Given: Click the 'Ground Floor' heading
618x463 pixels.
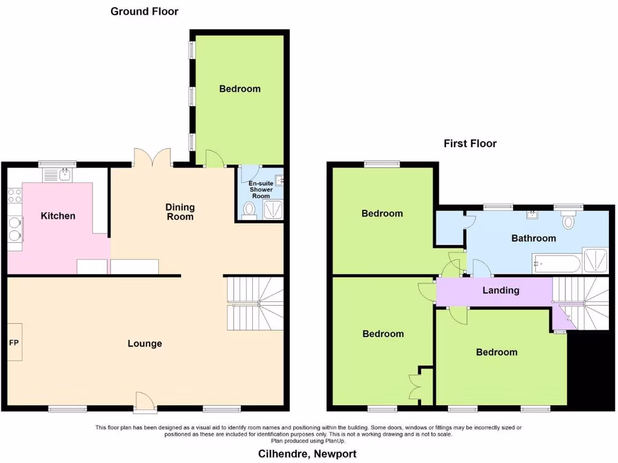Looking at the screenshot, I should coord(144,11).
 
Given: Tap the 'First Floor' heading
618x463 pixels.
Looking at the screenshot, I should coord(470,143).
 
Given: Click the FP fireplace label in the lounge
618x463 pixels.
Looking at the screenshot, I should coord(14,342).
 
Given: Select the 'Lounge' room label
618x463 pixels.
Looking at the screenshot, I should coord(145,344).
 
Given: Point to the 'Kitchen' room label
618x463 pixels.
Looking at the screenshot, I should coord(58,216).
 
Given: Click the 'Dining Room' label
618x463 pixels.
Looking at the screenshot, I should coord(180,212).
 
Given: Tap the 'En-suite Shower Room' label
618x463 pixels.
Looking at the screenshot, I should coord(261,189).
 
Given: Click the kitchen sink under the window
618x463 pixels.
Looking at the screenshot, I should coord(59,175).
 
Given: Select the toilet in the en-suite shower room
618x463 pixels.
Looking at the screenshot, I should coord(248,210).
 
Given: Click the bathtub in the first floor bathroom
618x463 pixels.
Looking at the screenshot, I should coord(556,263).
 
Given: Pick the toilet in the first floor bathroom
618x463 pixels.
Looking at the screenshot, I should coord(568,221).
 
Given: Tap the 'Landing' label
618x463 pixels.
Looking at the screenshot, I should coord(501,291).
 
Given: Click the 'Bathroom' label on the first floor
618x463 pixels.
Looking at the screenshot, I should coord(534,238).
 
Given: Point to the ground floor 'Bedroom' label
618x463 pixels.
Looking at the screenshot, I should coord(240,89).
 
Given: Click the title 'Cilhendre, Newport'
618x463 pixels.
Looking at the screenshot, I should coord(307,453).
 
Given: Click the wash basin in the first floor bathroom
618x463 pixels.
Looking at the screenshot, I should coord(533,214).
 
